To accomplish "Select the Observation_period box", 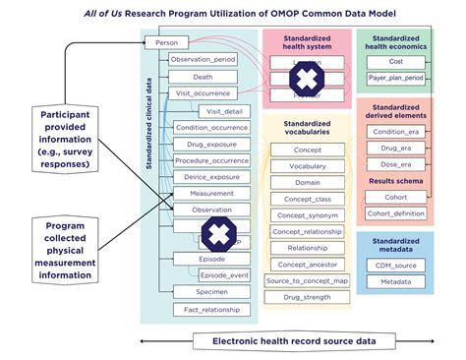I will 204,60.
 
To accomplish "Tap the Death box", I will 204,77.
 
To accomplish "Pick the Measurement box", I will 210,194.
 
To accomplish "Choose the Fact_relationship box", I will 210,310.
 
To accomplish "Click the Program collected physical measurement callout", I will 63,248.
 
